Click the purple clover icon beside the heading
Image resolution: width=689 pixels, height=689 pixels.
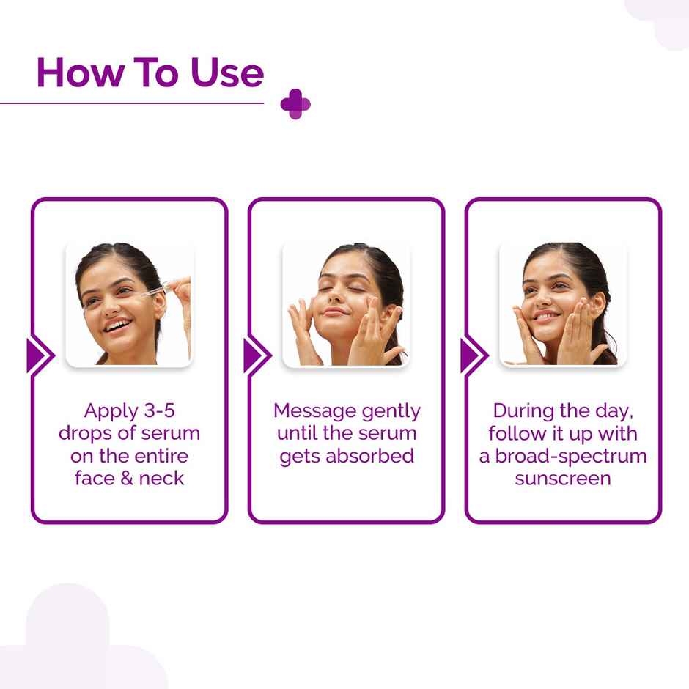click(x=295, y=103)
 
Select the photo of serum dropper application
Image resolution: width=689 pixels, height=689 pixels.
click(x=129, y=303)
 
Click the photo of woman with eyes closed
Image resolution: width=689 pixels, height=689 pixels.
click(x=346, y=303)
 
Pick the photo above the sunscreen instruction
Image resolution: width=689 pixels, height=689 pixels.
click(x=563, y=303)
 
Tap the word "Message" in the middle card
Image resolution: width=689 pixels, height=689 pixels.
click(x=315, y=410)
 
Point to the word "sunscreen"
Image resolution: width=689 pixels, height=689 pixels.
click(x=563, y=479)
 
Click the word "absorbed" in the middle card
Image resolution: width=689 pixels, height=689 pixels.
click(x=369, y=456)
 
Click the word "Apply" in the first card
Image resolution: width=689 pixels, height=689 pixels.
click(x=109, y=410)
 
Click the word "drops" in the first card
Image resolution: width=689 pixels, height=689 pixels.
click(x=86, y=433)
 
